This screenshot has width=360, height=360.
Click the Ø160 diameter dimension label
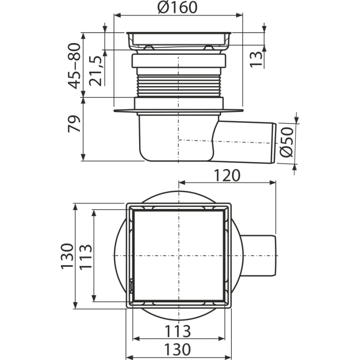pyautogui.click(x=177, y=7)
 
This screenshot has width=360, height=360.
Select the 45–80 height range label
pyautogui.click(x=75, y=66)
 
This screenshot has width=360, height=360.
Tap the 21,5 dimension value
pyautogui.click(x=95, y=71)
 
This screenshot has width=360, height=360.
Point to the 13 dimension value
pyautogui.click(x=256, y=59)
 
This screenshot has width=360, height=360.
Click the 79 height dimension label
pyautogui.click(x=74, y=124)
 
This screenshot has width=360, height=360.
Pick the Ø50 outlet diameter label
pyautogui.click(x=287, y=142)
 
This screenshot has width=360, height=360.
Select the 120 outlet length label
pyautogui.click(x=227, y=175)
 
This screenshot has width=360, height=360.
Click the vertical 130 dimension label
pyautogui.click(x=67, y=256)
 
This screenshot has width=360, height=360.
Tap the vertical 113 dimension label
pyautogui.click(x=85, y=256)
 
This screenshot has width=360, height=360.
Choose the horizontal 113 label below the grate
pyautogui.click(x=178, y=331)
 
